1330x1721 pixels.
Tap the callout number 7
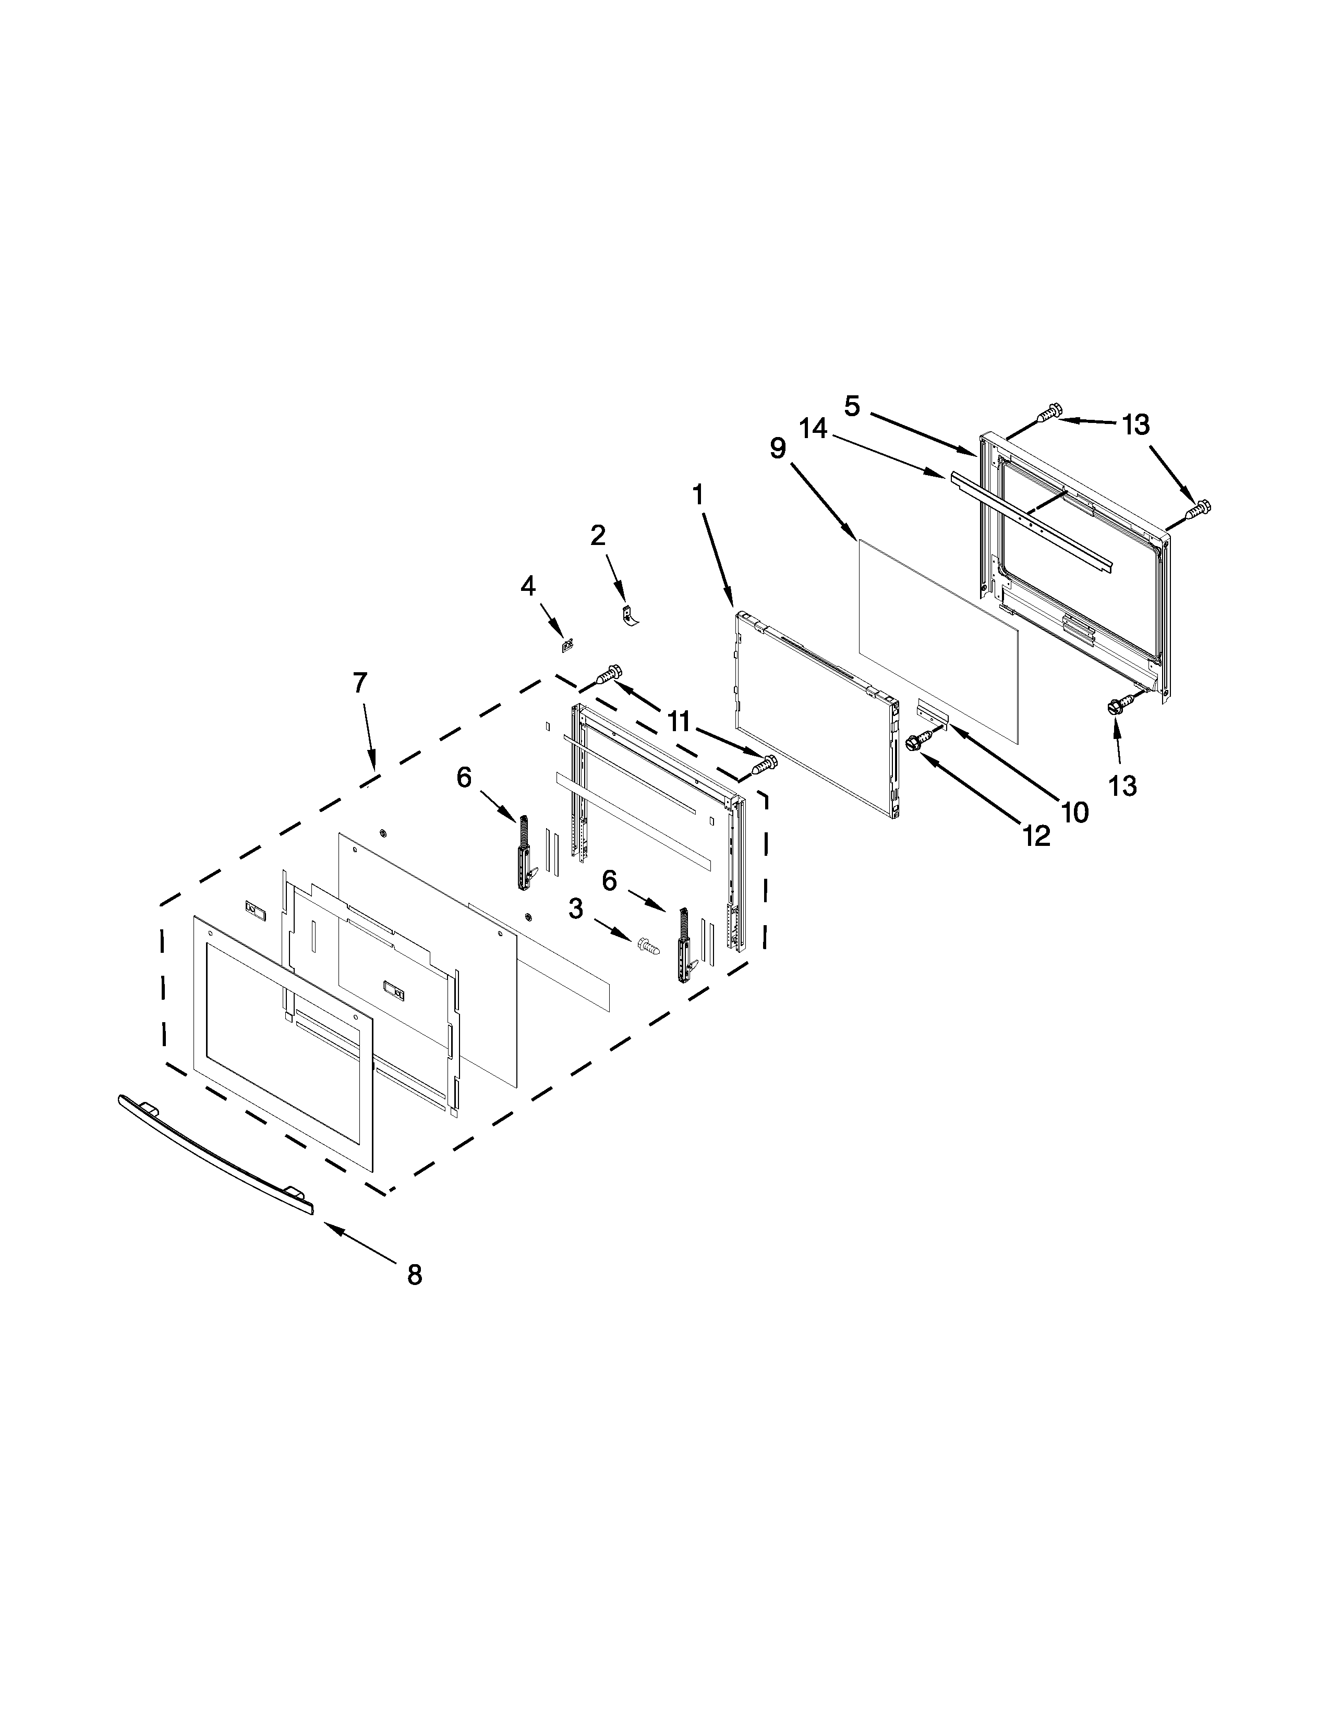360,683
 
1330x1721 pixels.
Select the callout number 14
813,429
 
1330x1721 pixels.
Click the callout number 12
1037,836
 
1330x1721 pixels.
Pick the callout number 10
1075,811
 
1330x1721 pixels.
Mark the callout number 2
598,535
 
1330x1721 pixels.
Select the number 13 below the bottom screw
1123,785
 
